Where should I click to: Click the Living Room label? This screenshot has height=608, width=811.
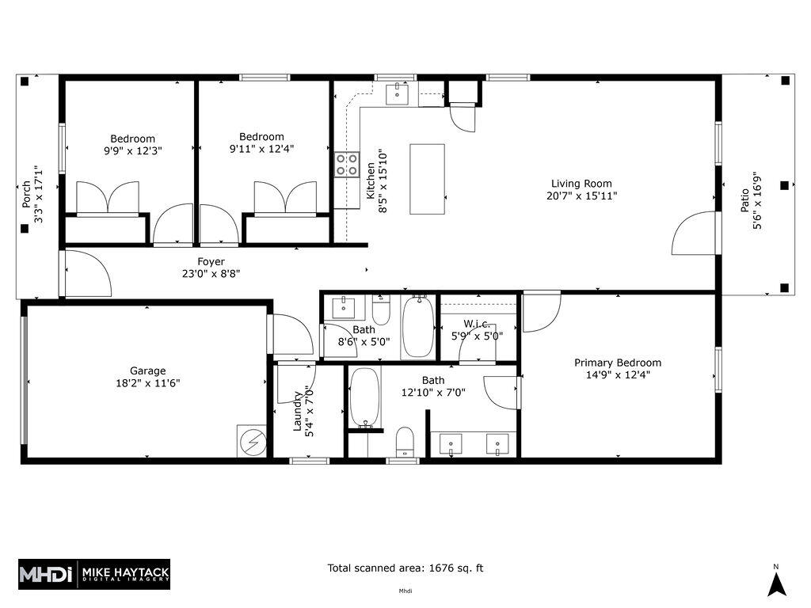[x=581, y=184]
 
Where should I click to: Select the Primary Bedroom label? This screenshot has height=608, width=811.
[x=618, y=363]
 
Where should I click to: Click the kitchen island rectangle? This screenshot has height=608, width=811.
[x=427, y=179]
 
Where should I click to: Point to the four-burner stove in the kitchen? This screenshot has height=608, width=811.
[x=346, y=164]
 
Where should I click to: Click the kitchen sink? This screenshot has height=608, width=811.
[x=398, y=94]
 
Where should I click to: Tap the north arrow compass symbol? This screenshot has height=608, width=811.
[x=777, y=584]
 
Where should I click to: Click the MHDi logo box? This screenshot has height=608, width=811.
[x=47, y=573]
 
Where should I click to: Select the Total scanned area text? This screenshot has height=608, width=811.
[x=405, y=568]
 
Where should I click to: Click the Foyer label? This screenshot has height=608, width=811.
[x=211, y=262]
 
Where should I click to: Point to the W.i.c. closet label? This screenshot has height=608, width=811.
[x=477, y=323]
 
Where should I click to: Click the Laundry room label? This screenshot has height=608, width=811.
[x=299, y=412]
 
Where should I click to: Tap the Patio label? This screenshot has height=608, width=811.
[x=745, y=203]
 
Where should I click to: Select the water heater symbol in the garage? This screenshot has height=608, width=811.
[x=252, y=440]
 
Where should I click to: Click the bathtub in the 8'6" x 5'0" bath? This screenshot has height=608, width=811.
[x=417, y=327]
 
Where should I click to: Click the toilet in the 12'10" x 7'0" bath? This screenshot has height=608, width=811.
[x=405, y=441]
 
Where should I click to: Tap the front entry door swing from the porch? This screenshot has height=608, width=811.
[x=86, y=274]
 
